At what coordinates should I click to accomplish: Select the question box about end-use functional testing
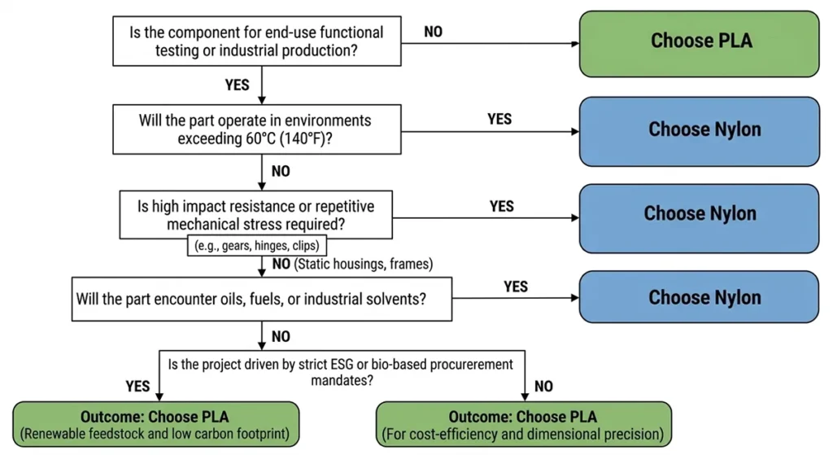pyautogui.click(x=257, y=42)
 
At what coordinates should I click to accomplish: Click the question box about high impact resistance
pyautogui.click(x=258, y=213)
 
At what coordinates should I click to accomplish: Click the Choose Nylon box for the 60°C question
pyautogui.click(x=700, y=130)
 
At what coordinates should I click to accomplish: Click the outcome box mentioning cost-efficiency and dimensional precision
pyautogui.click(x=525, y=424)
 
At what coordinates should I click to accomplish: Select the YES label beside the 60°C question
pyautogui.click(x=499, y=120)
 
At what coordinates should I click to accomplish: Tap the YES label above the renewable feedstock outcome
pyautogui.click(x=138, y=384)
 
